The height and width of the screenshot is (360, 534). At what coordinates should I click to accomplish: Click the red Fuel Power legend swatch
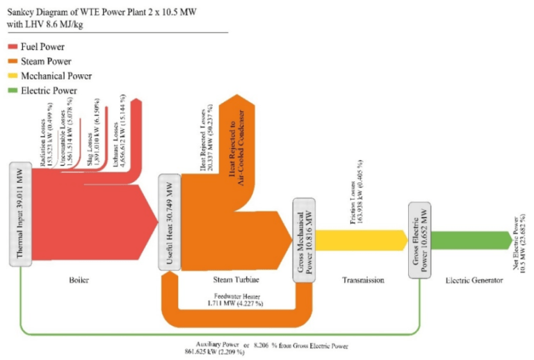click(13, 47)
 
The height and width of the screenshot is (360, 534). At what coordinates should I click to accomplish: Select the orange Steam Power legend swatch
click(13, 61)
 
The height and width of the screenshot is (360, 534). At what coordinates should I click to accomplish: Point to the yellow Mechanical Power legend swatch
click(13, 76)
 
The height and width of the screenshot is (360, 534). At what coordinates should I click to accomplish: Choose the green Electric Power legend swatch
click(13, 90)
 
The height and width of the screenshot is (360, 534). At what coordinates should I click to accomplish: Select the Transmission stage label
click(363, 280)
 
